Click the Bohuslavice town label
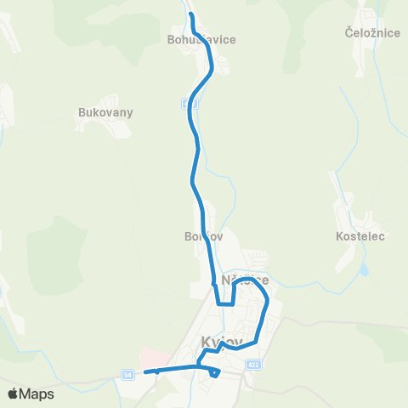click(x=202, y=39)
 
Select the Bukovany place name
click(x=105, y=112)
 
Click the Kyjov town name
click(x=222, y=342)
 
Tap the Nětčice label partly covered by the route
click(x=245, y=280)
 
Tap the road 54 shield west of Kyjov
click(x=127, y=374)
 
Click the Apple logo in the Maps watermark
click(x=13, y=394)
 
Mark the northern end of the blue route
click(x=190, y=16)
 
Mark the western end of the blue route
click(x=146, y=371)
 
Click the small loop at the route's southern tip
click(x=214, y=371)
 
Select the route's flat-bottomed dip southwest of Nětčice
click(x=225, y=302)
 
